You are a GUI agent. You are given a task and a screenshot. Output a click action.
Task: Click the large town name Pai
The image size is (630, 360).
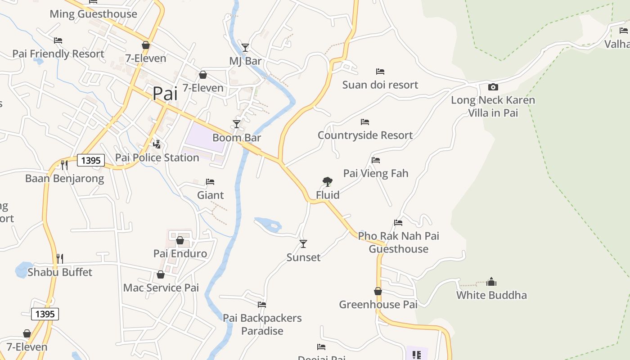165,94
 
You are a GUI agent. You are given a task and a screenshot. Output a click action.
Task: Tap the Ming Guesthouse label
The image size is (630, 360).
93,14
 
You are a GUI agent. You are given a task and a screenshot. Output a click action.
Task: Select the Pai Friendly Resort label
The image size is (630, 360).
58,54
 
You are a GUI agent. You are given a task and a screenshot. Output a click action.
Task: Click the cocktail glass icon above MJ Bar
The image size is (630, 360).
245,47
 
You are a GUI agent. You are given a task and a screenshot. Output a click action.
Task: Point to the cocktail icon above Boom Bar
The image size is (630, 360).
237,124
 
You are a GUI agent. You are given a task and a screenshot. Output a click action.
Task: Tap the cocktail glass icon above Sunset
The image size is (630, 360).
303,244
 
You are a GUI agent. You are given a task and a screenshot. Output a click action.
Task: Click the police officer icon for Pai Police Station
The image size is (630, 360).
157,144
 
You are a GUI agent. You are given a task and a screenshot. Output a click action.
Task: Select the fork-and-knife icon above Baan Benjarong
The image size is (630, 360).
64,165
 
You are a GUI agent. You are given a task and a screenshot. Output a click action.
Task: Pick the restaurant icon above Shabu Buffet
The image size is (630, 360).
60,258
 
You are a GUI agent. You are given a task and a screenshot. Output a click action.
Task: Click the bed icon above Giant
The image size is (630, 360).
210,182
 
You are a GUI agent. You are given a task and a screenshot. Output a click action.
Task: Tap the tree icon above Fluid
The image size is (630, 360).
328,182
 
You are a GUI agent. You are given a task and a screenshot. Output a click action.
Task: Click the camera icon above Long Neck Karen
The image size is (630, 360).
493,87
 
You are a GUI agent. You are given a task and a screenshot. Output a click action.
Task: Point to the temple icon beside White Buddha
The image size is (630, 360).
491,282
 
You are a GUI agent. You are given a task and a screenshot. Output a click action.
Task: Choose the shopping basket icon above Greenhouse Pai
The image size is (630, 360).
378,291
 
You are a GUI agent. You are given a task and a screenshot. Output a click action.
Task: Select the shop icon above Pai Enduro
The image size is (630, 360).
180,240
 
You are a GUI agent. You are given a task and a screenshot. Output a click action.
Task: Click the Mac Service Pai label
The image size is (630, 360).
161,288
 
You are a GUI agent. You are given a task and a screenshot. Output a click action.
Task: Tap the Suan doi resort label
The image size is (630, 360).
380,85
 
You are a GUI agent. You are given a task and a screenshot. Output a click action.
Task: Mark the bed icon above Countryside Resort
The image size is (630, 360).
365,122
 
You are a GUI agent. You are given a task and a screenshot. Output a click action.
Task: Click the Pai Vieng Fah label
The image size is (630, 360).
376,173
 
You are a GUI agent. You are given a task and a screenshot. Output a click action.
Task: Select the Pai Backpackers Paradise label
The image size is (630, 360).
262,324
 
